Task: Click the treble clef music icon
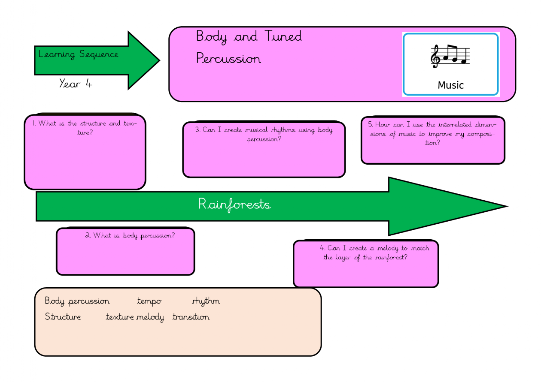pyautogui.click(x=450, y=56)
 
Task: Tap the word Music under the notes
pyautogui.click(x=450, y=85)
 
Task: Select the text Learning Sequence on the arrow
pyautogui.click(x=78, y=54)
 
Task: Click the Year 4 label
pyautogui.click(x=76, y=84)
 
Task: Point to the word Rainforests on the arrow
pyautogui.click(x=234, y=205)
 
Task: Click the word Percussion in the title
pyautogui.click(x=228, y=59)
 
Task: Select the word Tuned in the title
pyautogui.click(x=283, y=36)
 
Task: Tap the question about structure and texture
pyautogui.click(x=85, y=128)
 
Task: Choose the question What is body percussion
pyautogui.click(x=130, y=235)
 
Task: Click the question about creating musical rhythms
pyautogui.click(x=264, y=134)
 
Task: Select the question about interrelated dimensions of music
pyautogui.click(x=432, y=133)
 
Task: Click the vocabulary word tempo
pyautogui.click(x=149, y=301)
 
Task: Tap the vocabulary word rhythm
pyautogui.click(x=206, y=301)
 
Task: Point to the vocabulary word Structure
pyautogui.click(x=63, y=317)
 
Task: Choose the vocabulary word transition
pyautogui.click(x=191, y=317)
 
